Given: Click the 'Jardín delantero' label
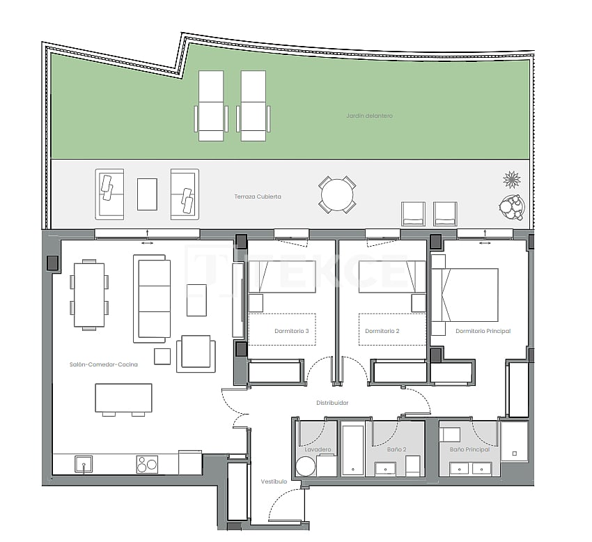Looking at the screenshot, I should (x=369, y=116).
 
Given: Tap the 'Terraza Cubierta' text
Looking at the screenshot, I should (x=258, y=197).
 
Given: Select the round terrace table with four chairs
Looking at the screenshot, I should (x=337, y=194).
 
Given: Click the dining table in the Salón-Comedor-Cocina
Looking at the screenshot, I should (x=88, y=295).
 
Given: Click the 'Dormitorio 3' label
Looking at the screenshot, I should (x=291, y=331).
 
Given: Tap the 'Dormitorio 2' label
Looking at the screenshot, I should (x=382, y=331).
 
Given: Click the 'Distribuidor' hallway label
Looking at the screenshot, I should (x=332, y=403).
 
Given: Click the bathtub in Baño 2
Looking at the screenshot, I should (x=353, y=450).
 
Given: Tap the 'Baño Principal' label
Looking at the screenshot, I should (x=469, y=449).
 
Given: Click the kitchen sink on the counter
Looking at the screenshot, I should (x=83, y=464).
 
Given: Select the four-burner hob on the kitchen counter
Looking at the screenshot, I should (x=147, y=464).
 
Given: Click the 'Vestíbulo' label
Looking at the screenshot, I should (x=274, y=481).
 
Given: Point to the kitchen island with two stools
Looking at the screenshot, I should (x=123, y=398).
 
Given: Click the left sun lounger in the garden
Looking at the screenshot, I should (x=211, y=106).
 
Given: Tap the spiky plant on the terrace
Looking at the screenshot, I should (x=512, y=180).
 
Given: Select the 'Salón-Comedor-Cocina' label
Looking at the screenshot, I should (x=103, y=364).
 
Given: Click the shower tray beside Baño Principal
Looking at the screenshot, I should (x=515, y=441).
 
